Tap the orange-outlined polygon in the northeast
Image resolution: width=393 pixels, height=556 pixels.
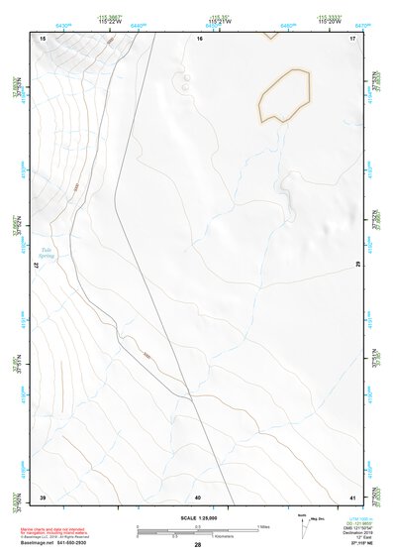[284, 96]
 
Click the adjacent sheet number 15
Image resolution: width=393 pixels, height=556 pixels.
[43, 38]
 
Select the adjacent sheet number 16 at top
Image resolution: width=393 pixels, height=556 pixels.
[199, 38]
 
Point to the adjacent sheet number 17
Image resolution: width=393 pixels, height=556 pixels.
[352, 38]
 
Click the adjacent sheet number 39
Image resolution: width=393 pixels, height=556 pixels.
[43, 496]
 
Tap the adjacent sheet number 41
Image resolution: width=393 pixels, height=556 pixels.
[352, 496]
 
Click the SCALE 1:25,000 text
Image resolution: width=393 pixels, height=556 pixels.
[198, 516]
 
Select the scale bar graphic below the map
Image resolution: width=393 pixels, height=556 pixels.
[198, 530]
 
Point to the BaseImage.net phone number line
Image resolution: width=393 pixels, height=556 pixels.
[60, 543]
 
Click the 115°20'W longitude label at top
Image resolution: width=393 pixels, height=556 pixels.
[330, 21]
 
